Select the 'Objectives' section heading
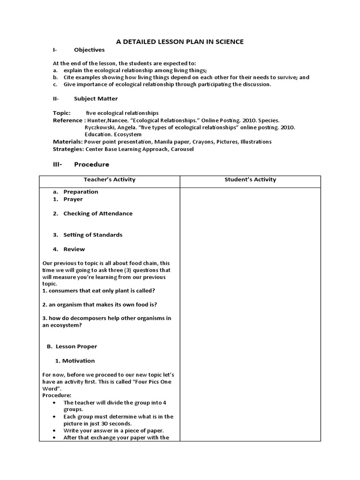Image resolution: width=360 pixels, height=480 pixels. click(x=89, y=50)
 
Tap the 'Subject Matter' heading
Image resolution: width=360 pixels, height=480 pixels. click(x=96, y=99)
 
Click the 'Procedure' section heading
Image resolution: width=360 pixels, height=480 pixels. click(x=91, y=165)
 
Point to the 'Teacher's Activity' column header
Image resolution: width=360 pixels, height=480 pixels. click(x=109, y=180)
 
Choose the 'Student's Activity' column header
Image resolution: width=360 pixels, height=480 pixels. click(x=250, y=180)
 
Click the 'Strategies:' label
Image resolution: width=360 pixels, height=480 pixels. click(x=68, y=149)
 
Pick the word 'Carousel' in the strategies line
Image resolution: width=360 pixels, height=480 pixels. click(x=181, y=149)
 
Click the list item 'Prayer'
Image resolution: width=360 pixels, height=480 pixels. click(x=73, y=199)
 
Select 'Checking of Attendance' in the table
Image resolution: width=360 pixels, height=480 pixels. click(x=97, y=213)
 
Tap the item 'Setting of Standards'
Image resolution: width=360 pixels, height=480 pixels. click(x=93, y=235)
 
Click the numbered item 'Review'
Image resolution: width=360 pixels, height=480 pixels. click(x=74, y=249)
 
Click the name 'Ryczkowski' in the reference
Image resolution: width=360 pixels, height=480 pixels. click(x=99, y=127)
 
